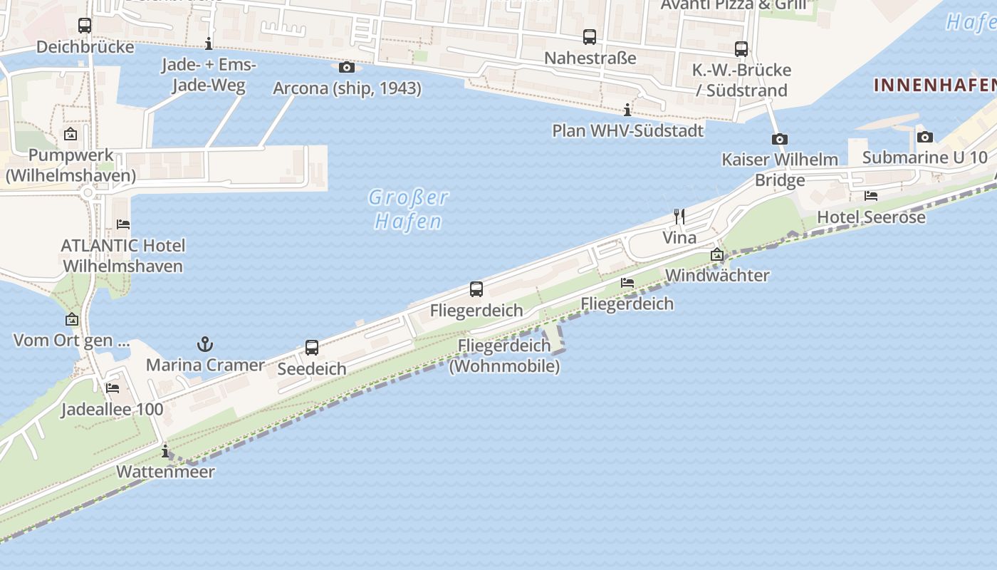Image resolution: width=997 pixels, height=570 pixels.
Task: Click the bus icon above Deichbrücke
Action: [x=85, y=26]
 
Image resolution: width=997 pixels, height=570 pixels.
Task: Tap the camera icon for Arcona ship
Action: [x=347, y=68]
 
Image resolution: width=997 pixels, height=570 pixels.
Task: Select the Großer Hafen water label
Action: [x=409, y=209]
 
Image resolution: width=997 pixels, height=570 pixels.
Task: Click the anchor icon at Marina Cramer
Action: [x=205, y=345]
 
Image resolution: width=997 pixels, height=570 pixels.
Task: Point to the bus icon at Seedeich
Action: [x=312, y=348]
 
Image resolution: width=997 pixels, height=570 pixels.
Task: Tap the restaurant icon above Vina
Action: [x=679, y=217]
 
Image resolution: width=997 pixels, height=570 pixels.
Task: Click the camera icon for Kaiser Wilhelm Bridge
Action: [x=780, y=139]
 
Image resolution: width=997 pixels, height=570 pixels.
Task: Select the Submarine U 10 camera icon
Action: [x=925, y=137]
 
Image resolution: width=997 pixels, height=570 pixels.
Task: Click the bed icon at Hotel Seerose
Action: [x=871, y=196]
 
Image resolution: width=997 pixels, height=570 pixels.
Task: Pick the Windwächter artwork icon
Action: [x=717, y=254]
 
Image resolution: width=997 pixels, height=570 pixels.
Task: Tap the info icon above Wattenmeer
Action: [x=165, y=451]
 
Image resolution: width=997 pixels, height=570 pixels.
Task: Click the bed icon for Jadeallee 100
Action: [x=113, y=388]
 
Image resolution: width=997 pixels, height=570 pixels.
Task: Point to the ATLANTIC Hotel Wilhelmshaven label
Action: [x=123, y=256]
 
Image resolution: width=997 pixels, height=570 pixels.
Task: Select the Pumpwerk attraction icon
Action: [x=71, y=134]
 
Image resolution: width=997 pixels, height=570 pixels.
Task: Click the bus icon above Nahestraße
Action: [x=590, y=37]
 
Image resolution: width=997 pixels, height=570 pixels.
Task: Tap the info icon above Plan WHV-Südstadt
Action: [x=627, y=110]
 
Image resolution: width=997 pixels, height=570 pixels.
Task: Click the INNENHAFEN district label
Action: [x=934, y=85]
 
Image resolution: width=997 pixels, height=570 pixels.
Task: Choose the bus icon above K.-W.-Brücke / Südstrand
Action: [x=741, y=49]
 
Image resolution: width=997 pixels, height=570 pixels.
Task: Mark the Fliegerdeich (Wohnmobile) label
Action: [x=504, y=356]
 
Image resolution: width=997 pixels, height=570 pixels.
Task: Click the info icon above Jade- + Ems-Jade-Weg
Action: [x=209, y=44]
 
